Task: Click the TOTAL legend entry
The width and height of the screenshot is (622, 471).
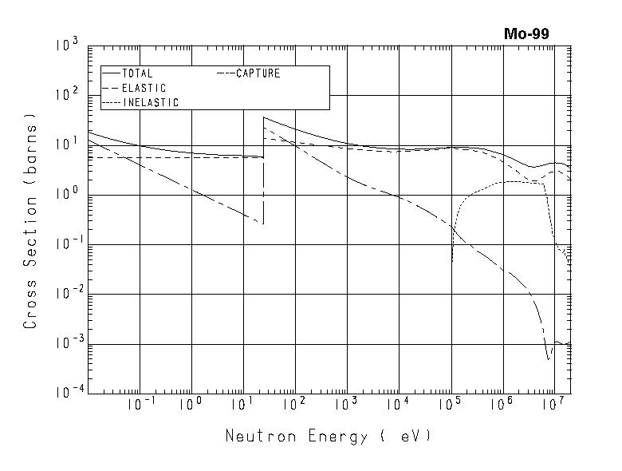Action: (137, 73)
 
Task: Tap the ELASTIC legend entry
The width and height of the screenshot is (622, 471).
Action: (144, 88)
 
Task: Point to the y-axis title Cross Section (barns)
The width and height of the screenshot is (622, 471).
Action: (30, 226)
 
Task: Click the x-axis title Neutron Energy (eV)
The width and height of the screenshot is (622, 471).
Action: (328, 436)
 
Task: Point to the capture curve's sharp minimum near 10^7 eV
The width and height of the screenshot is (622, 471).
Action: (549, 359)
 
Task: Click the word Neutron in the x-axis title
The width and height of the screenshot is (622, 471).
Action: (254, 436)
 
